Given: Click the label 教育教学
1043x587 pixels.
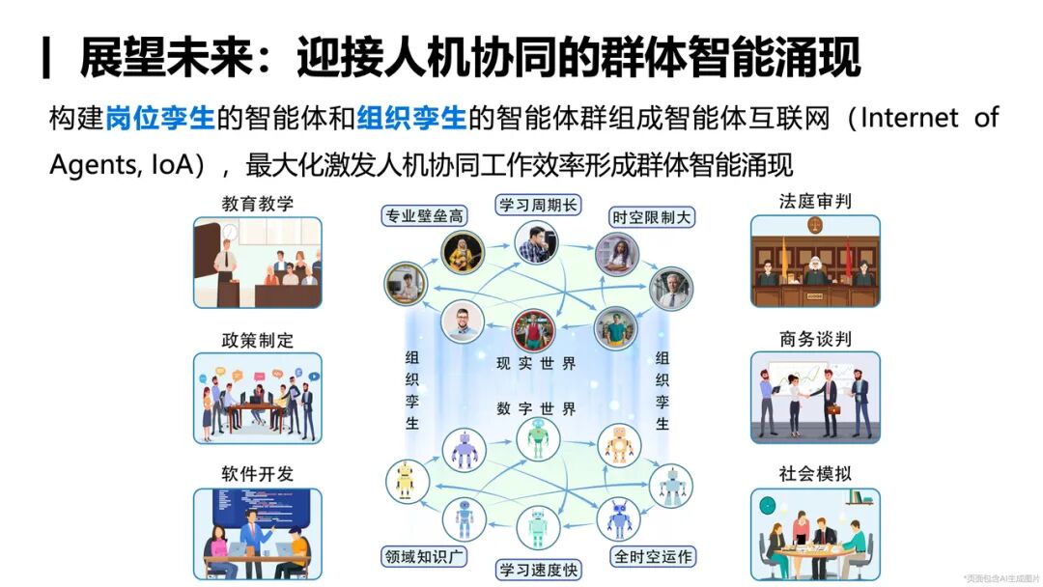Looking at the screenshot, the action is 257,204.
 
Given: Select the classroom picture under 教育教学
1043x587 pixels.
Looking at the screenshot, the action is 257,263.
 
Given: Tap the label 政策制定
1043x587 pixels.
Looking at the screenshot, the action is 257,340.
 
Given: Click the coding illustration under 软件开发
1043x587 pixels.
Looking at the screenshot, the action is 257,533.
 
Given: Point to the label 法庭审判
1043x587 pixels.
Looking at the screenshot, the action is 815,203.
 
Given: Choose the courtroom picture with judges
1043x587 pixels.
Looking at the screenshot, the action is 815,262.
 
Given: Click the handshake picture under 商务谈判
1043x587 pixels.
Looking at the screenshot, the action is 815,397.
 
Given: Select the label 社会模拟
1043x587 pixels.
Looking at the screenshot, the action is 815,474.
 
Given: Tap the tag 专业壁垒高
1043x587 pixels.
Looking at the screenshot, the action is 423,216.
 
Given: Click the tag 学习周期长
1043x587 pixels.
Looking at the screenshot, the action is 538,205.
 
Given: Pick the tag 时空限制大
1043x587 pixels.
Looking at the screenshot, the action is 652,216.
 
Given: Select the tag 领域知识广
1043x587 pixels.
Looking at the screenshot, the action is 424,556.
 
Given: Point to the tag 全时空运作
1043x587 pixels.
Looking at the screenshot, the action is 652,556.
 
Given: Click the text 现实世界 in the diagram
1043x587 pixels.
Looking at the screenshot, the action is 536,364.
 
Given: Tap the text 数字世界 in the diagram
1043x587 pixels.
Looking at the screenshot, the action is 536,407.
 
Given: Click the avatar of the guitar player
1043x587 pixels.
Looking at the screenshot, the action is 463,250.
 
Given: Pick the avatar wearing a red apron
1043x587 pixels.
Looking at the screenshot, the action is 532,329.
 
